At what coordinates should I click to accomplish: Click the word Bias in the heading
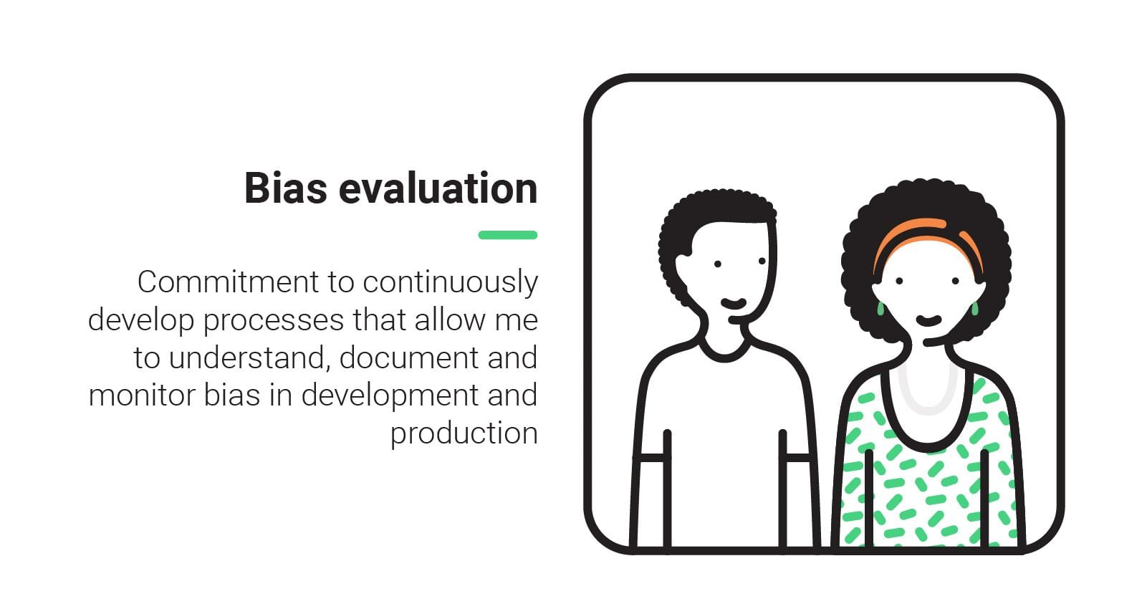285,188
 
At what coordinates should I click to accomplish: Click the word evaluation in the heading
438,188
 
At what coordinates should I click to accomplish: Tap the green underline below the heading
507,235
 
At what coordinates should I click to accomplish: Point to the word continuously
450,283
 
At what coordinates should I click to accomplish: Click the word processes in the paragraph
274,321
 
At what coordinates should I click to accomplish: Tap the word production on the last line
464,434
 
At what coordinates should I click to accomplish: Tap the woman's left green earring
880,309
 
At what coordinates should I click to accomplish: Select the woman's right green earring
974,308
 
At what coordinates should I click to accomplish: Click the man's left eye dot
717,264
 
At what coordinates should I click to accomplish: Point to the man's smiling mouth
733,303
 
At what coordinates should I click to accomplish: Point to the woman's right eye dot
956,281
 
